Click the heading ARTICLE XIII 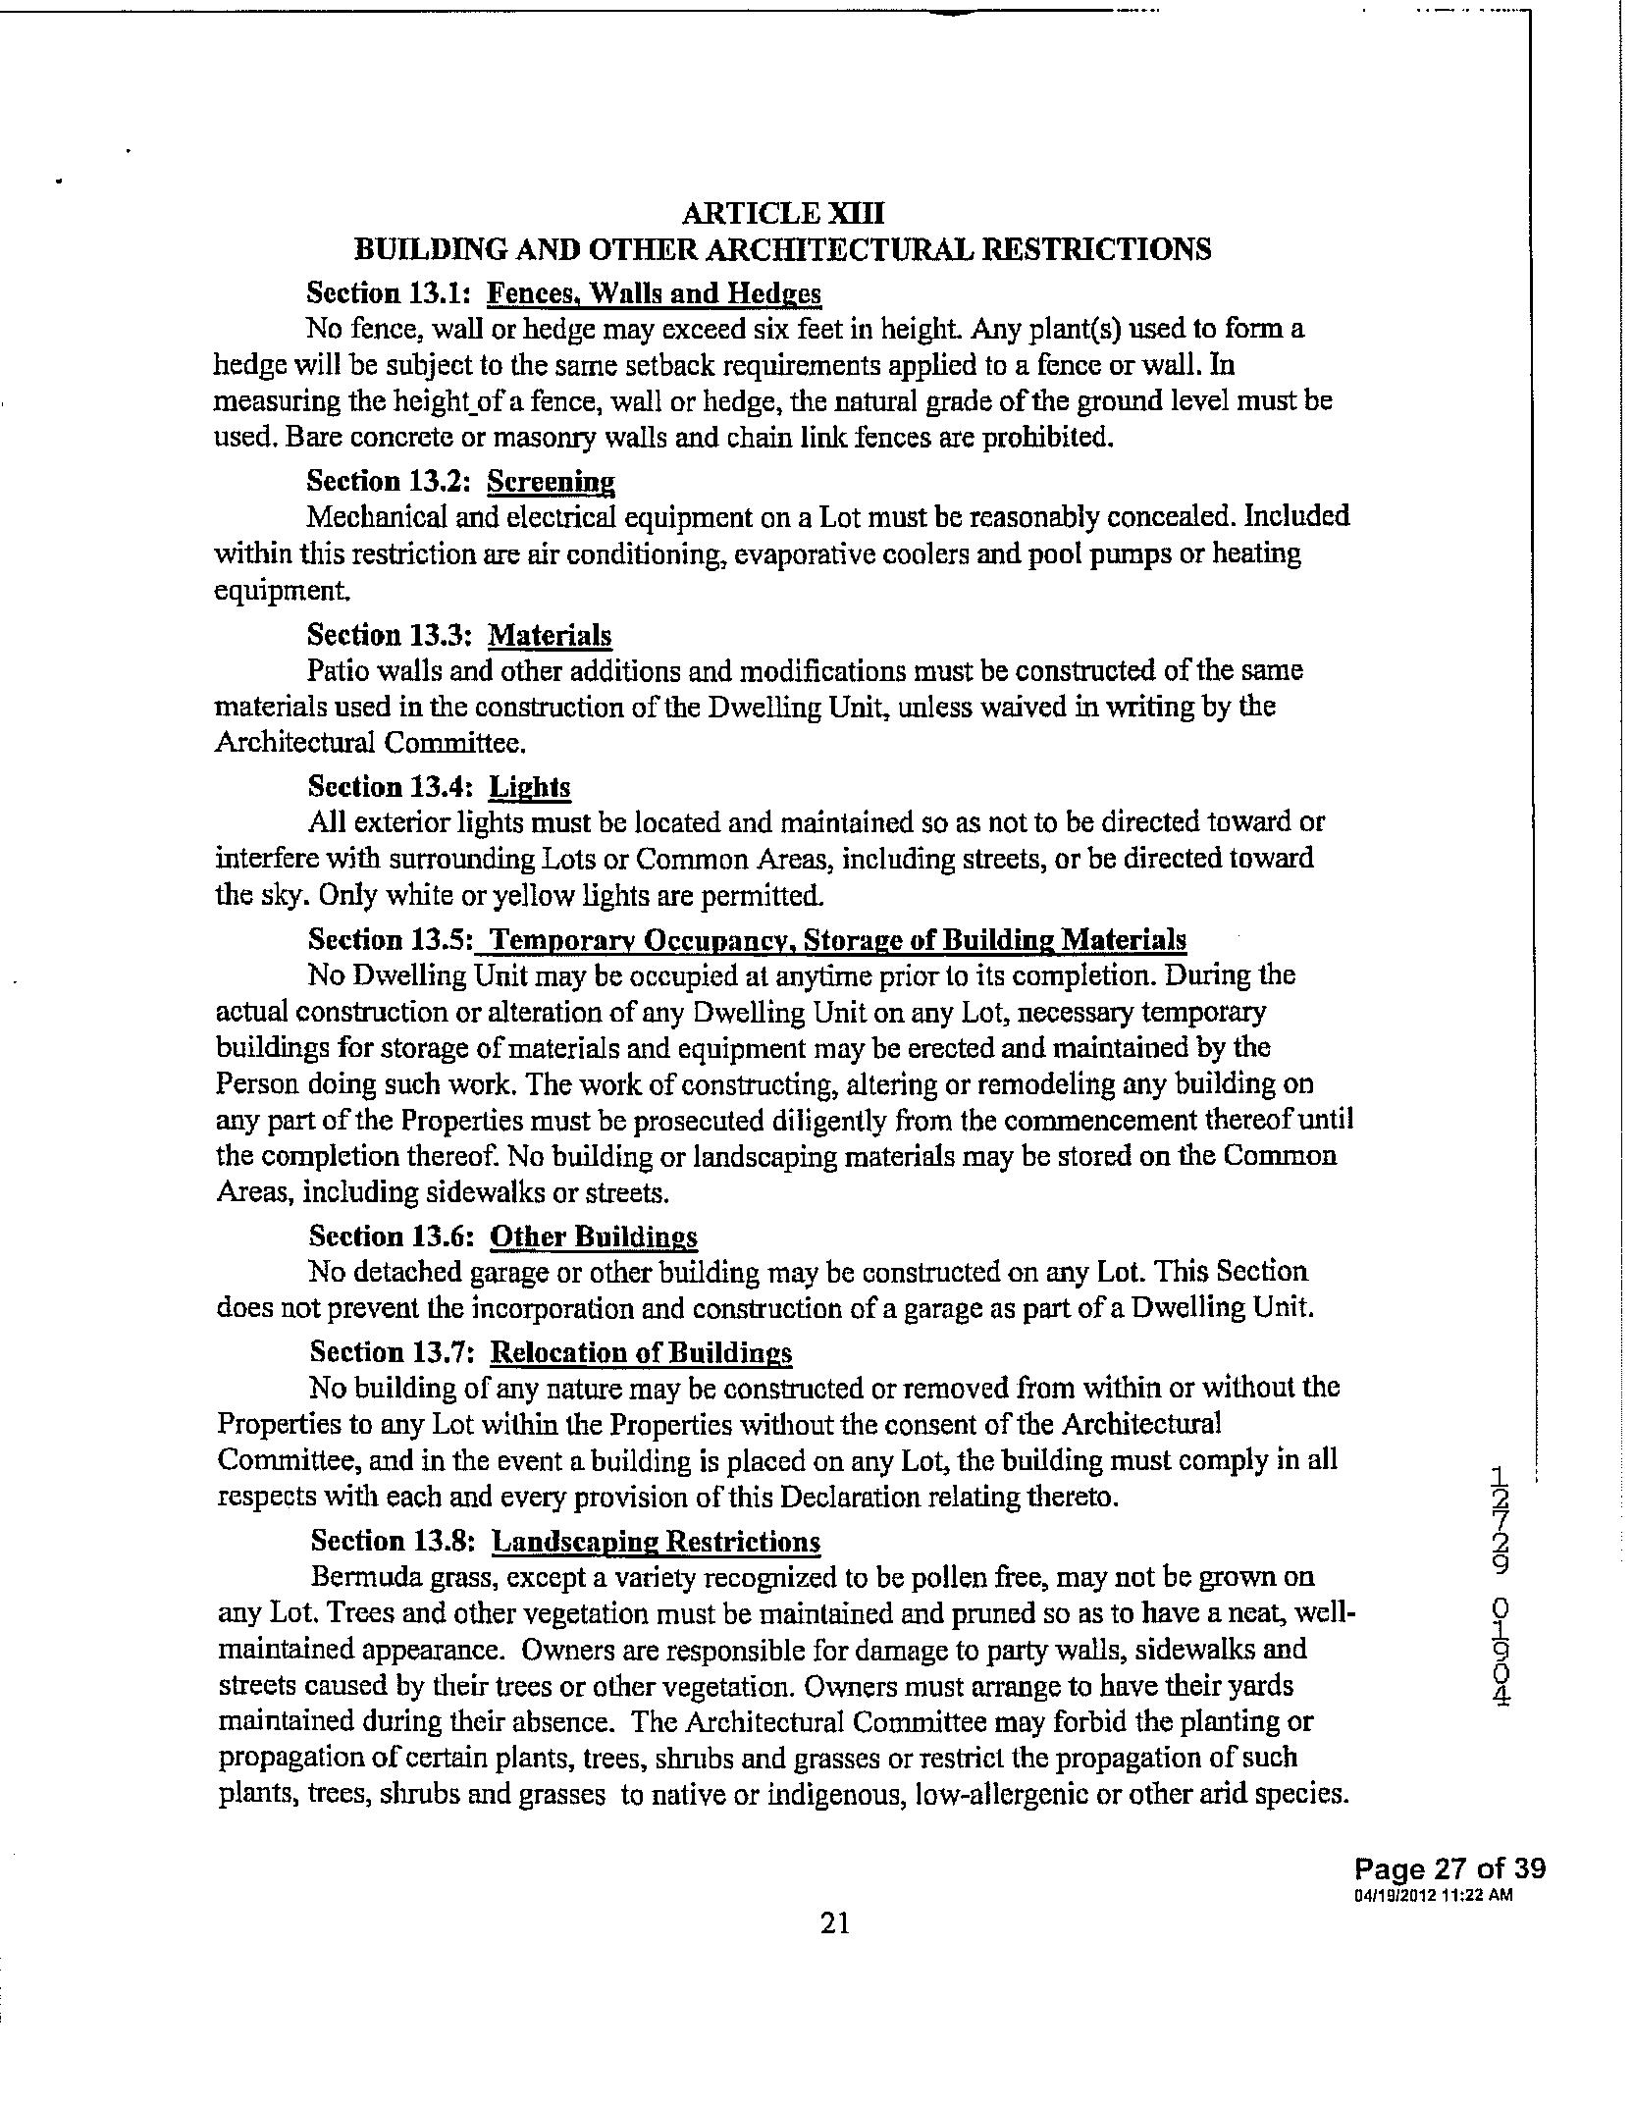pyautogui.click(x=782, y=213)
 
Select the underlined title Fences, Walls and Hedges pyautogui.click(x=654, y=293)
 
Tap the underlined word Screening pyautogui.click(x=551, y=481)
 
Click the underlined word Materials pyautogui.click(x=550, y=635)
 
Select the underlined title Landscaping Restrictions pyautogui.click(x=656, y=1542)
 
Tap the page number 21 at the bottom pyautogui.click(x=834, y=1922)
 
